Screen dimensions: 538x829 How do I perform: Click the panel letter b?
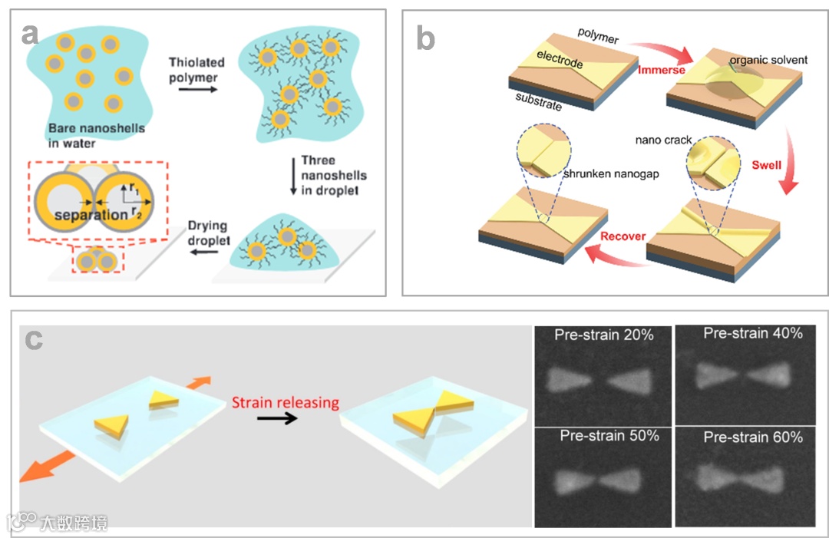coord(425,38)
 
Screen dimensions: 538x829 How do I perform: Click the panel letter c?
coord(33,338)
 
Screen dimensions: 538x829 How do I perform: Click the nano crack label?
coord(664,140)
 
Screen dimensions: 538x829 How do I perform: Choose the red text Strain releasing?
coord(285,402)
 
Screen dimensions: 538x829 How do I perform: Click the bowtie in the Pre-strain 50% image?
coord(603,480)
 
